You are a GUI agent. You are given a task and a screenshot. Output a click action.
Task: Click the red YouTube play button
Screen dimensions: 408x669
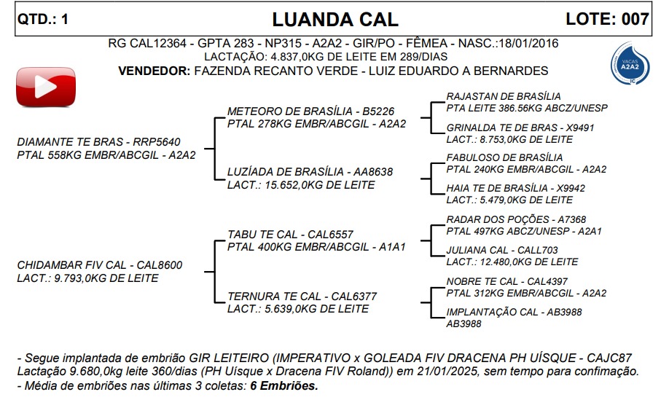(x=44, y=88)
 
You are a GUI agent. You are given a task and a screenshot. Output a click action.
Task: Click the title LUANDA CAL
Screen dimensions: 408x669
(x=335, y=19)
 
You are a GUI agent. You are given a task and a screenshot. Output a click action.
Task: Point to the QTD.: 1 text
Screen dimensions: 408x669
(x=43, y=20)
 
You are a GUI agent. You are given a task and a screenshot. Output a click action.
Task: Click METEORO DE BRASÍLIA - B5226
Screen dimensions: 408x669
(x=310, y=111)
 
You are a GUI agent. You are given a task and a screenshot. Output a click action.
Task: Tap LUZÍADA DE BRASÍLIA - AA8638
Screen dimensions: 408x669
(x=310, y=172)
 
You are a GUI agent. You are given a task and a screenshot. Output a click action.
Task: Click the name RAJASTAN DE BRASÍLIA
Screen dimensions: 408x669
(x=504, y=96)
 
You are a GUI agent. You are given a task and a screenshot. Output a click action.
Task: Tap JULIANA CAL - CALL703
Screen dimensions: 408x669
(x=502, y=250)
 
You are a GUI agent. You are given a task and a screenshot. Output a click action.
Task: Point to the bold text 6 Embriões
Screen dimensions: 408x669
(x=284, y=385)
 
